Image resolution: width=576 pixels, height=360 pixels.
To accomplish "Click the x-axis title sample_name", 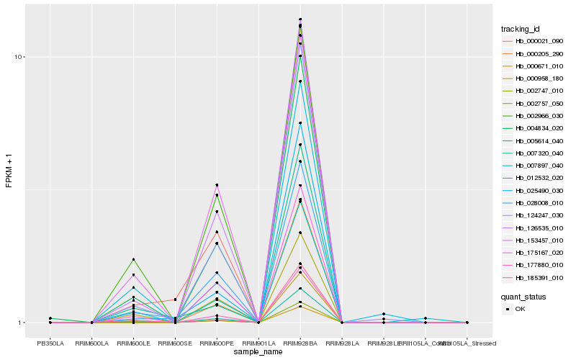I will (258, 352).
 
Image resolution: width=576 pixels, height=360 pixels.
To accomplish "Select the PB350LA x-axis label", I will (50, 343).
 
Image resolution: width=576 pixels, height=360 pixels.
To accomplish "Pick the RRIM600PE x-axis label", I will (217, 343).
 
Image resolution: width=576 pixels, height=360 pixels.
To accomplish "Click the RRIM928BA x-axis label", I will (300, 343).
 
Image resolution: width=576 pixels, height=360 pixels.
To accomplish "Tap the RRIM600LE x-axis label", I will (133, 343).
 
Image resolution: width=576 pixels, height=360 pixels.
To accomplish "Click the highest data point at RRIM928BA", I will (300, 19).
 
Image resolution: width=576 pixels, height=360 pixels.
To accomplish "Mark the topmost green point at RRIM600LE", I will (133, 259).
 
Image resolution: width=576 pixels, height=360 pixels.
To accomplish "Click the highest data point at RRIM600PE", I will (217, 185).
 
